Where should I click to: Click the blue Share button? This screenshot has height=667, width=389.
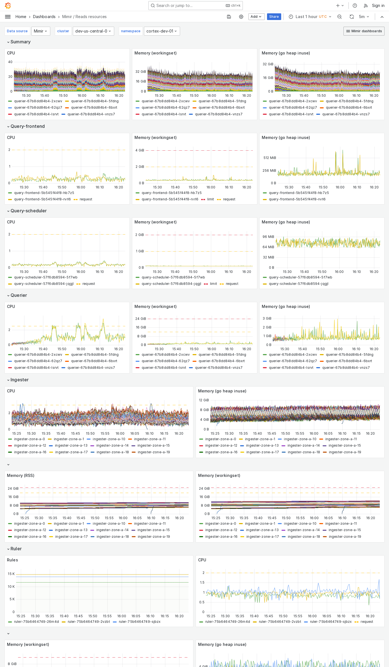[x=274, y=17]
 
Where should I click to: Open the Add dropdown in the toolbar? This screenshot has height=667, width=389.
[x=256, y=17]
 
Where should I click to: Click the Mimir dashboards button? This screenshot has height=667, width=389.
[x=364, y=31]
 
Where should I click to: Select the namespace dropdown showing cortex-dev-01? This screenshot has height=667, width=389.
[x=162, y=31]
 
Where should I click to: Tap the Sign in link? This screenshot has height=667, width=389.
[x=378, y=6]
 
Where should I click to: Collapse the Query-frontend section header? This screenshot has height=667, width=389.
[x=27, y=126]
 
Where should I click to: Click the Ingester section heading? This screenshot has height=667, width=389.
[x=19, y=380]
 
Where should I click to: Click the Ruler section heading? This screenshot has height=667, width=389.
[x=16, y=549]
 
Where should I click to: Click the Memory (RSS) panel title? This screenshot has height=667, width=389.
[x=21, y=476]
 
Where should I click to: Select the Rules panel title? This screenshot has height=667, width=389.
[x=13, y=560]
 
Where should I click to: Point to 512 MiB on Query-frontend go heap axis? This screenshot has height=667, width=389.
[x=270, y=158]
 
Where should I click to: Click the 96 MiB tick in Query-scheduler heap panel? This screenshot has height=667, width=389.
[x=268, y=237]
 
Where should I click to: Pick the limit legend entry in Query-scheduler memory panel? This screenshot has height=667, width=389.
[x=213, y=284]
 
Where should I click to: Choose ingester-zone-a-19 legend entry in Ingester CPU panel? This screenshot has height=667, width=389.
[x=154, y=452]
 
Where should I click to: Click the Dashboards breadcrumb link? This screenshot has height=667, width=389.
[x=44, y=17]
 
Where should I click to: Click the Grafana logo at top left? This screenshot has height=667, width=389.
[x=8, y=6]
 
